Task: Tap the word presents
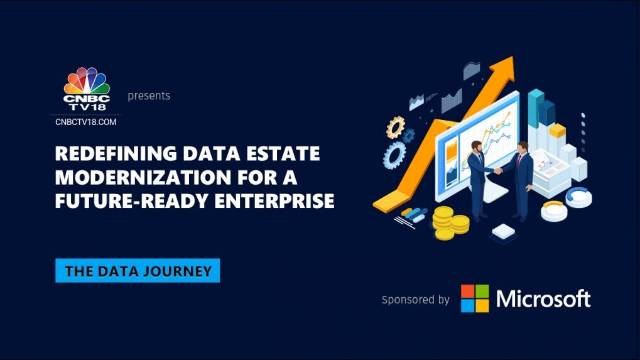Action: [149, 96]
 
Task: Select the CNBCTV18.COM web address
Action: [86, 122]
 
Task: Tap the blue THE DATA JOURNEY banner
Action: [138, 271]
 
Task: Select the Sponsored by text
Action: [415, 300]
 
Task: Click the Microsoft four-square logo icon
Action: [474, 298]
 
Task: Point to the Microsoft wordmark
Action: [543, 298]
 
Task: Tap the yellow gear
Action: [395, 127]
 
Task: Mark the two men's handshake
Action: [499, 170]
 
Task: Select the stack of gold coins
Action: [450, 223]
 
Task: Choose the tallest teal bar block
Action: [535, 107]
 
